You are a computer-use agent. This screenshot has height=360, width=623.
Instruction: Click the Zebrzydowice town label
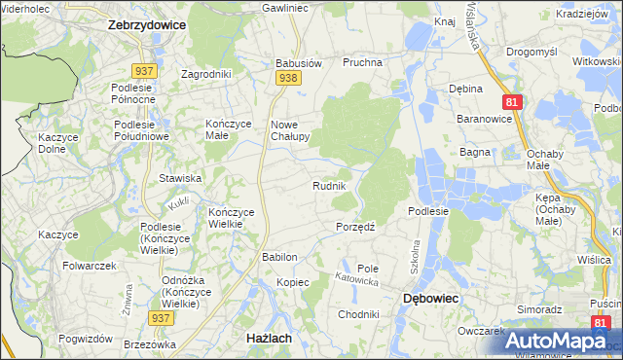click(145, 26)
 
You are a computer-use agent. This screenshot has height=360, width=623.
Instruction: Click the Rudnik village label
click(329, 186)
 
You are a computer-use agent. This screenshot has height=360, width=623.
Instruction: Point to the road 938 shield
click(286, 78)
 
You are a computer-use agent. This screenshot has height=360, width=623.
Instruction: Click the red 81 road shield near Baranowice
click(513, 101)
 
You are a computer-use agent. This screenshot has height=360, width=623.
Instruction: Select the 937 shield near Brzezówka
click(161, 317)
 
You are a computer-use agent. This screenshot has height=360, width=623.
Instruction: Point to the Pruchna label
click(361, 62)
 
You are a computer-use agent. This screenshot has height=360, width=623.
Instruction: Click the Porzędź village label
click(356, 227)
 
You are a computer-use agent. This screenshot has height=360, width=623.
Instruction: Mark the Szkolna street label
click(414, 252)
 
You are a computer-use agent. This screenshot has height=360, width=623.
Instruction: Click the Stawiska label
click(180, 179)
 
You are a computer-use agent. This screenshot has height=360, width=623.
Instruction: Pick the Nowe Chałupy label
click(289, 130)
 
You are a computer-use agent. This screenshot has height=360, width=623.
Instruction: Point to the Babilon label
click(278, 257)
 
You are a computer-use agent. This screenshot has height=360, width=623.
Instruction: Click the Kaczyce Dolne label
click(57, 144)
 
